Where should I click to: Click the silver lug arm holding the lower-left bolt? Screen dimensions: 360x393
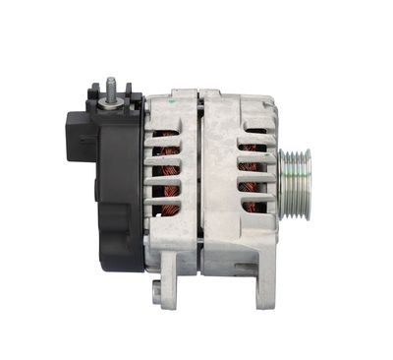coord(169,280)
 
